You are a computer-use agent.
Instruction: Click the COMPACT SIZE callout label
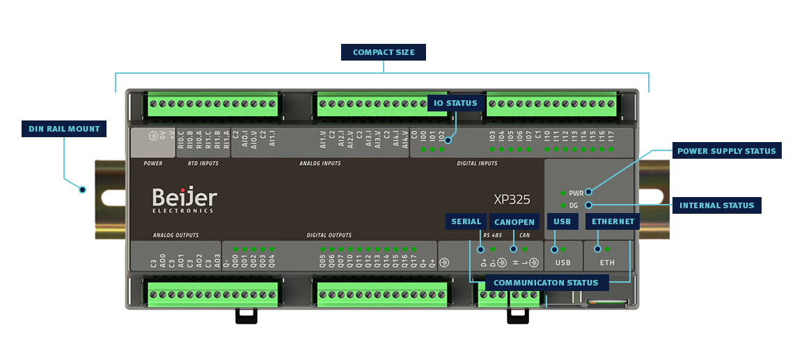click(x=384, y=52)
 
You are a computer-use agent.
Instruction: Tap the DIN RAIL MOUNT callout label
click(x=64, y=129)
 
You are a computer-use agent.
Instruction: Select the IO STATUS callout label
click(x=456, y=103)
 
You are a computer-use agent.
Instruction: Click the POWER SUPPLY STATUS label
click(x=726, y=150)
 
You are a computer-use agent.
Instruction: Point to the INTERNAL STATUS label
click(x=717, y=205)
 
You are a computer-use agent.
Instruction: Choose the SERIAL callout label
click(x=466, y=221)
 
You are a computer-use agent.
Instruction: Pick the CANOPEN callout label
click(x=514, y=222)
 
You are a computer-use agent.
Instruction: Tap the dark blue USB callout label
click(x=562, y=221)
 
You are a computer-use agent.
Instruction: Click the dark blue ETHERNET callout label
click(x=613, y=221)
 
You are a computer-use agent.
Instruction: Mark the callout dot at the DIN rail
click(x=82, y=189)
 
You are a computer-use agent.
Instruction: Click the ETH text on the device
click(x=607, y=263)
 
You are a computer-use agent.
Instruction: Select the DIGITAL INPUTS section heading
click(x=477, y=164)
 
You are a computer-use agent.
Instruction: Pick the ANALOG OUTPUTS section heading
click(x=175, y=235)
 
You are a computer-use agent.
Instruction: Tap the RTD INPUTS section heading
click(x=203, y=164)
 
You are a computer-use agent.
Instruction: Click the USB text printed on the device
click(x=562, y=263)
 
